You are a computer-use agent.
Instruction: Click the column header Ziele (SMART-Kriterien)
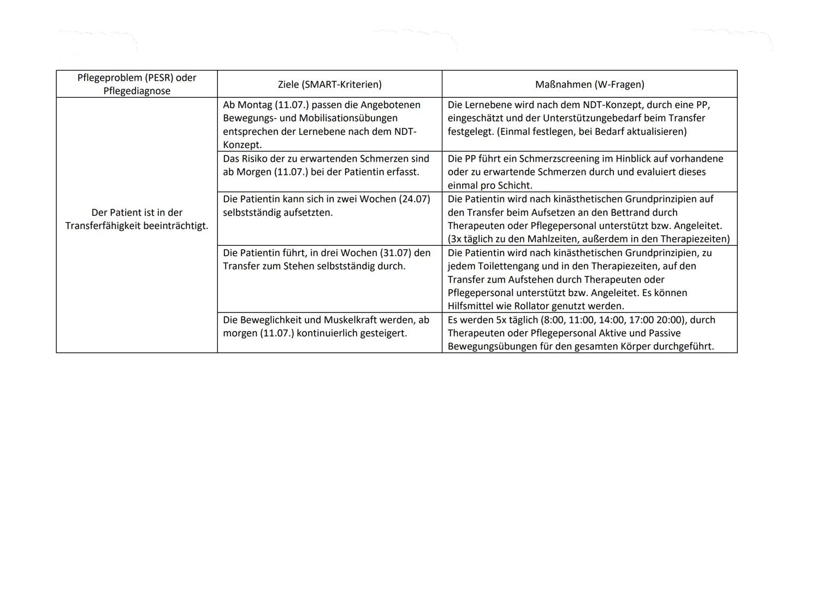click(x=329, y=85)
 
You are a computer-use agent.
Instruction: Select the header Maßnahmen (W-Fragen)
click(x=589, y=85)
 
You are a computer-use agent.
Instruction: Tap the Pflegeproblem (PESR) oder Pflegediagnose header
click(x=137, y=84)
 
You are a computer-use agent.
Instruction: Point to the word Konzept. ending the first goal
click(x=242, y=145)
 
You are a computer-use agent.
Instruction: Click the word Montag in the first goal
click(x=255, y=105)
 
